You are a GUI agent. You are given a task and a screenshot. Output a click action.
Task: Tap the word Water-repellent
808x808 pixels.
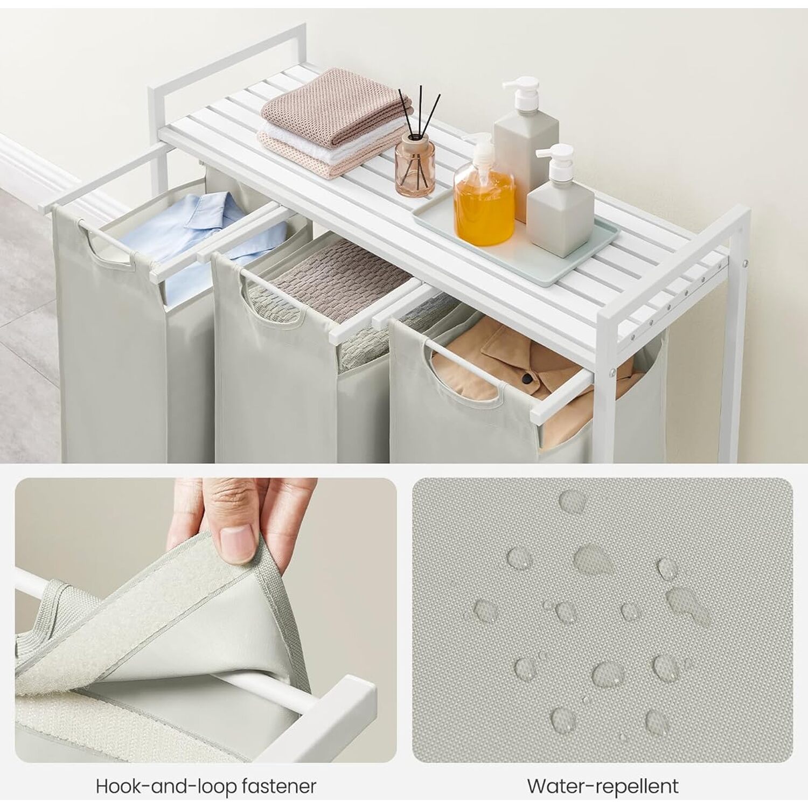603,786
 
